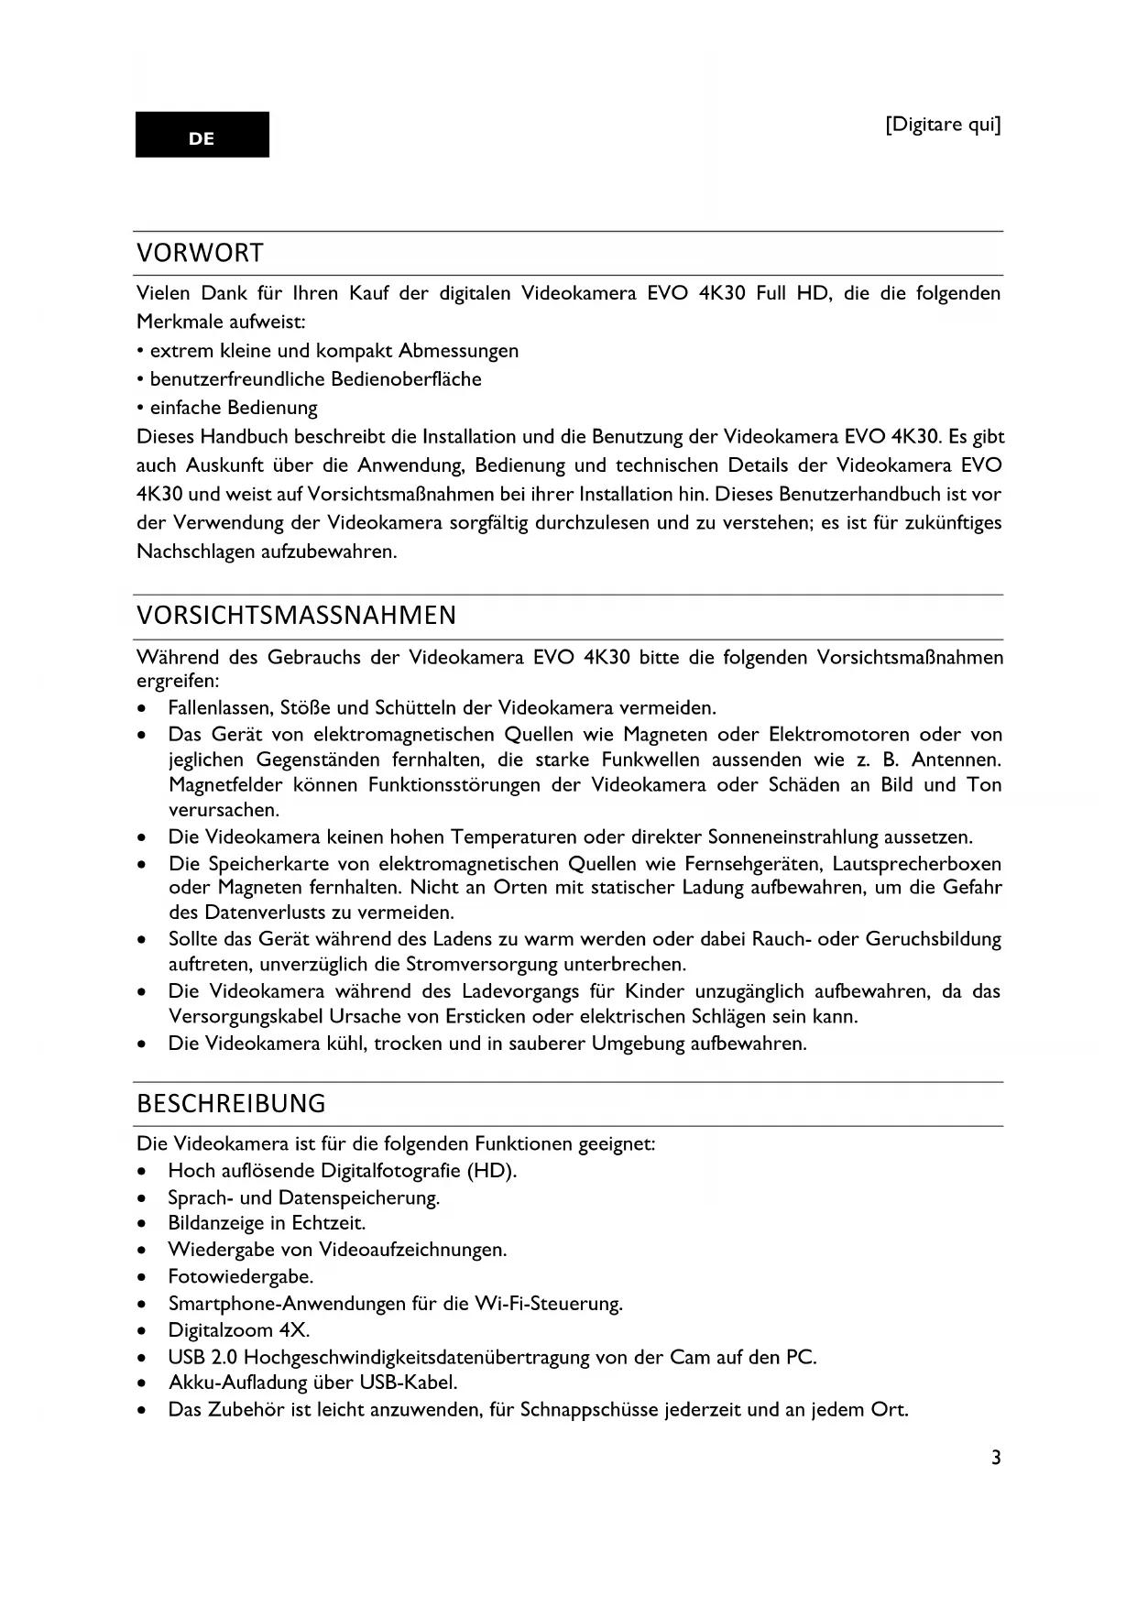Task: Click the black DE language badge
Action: (x=202, y=135)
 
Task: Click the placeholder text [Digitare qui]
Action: (x=943, y=125)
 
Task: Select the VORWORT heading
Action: (x=200, y=253)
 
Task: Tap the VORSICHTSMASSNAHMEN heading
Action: (x=296, y=616)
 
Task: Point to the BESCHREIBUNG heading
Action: (x=231, y=1103)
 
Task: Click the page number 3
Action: (x=996, y=1458)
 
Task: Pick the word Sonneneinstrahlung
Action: (x=794, y=837)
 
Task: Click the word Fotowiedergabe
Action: (x=240, y=1276)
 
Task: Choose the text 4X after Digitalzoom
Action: (x=294, y=1330)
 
